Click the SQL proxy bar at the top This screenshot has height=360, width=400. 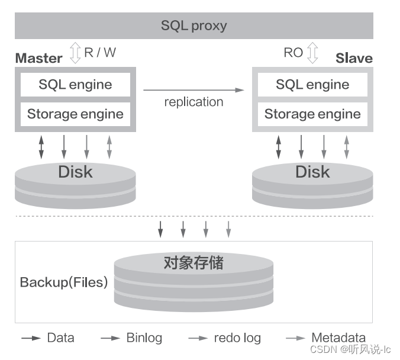[193, 26]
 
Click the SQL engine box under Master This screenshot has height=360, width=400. [75, 85]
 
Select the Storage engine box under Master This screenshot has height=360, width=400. [75, 114]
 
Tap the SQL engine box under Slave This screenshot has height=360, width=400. [312, 85]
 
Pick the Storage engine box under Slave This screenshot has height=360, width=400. [312, 114]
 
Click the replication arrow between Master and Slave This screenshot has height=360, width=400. [193, 90]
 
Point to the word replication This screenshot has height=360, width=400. [193, 102]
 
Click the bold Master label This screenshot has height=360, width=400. [38, 58]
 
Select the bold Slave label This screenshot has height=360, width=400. [354, 58]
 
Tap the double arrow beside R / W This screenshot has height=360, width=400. [75, 53]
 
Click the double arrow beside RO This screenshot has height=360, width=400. [313, 53]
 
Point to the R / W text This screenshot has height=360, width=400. [100, 52]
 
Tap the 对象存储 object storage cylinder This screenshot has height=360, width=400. [193, 281]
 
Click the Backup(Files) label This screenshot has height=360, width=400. [64, 282]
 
